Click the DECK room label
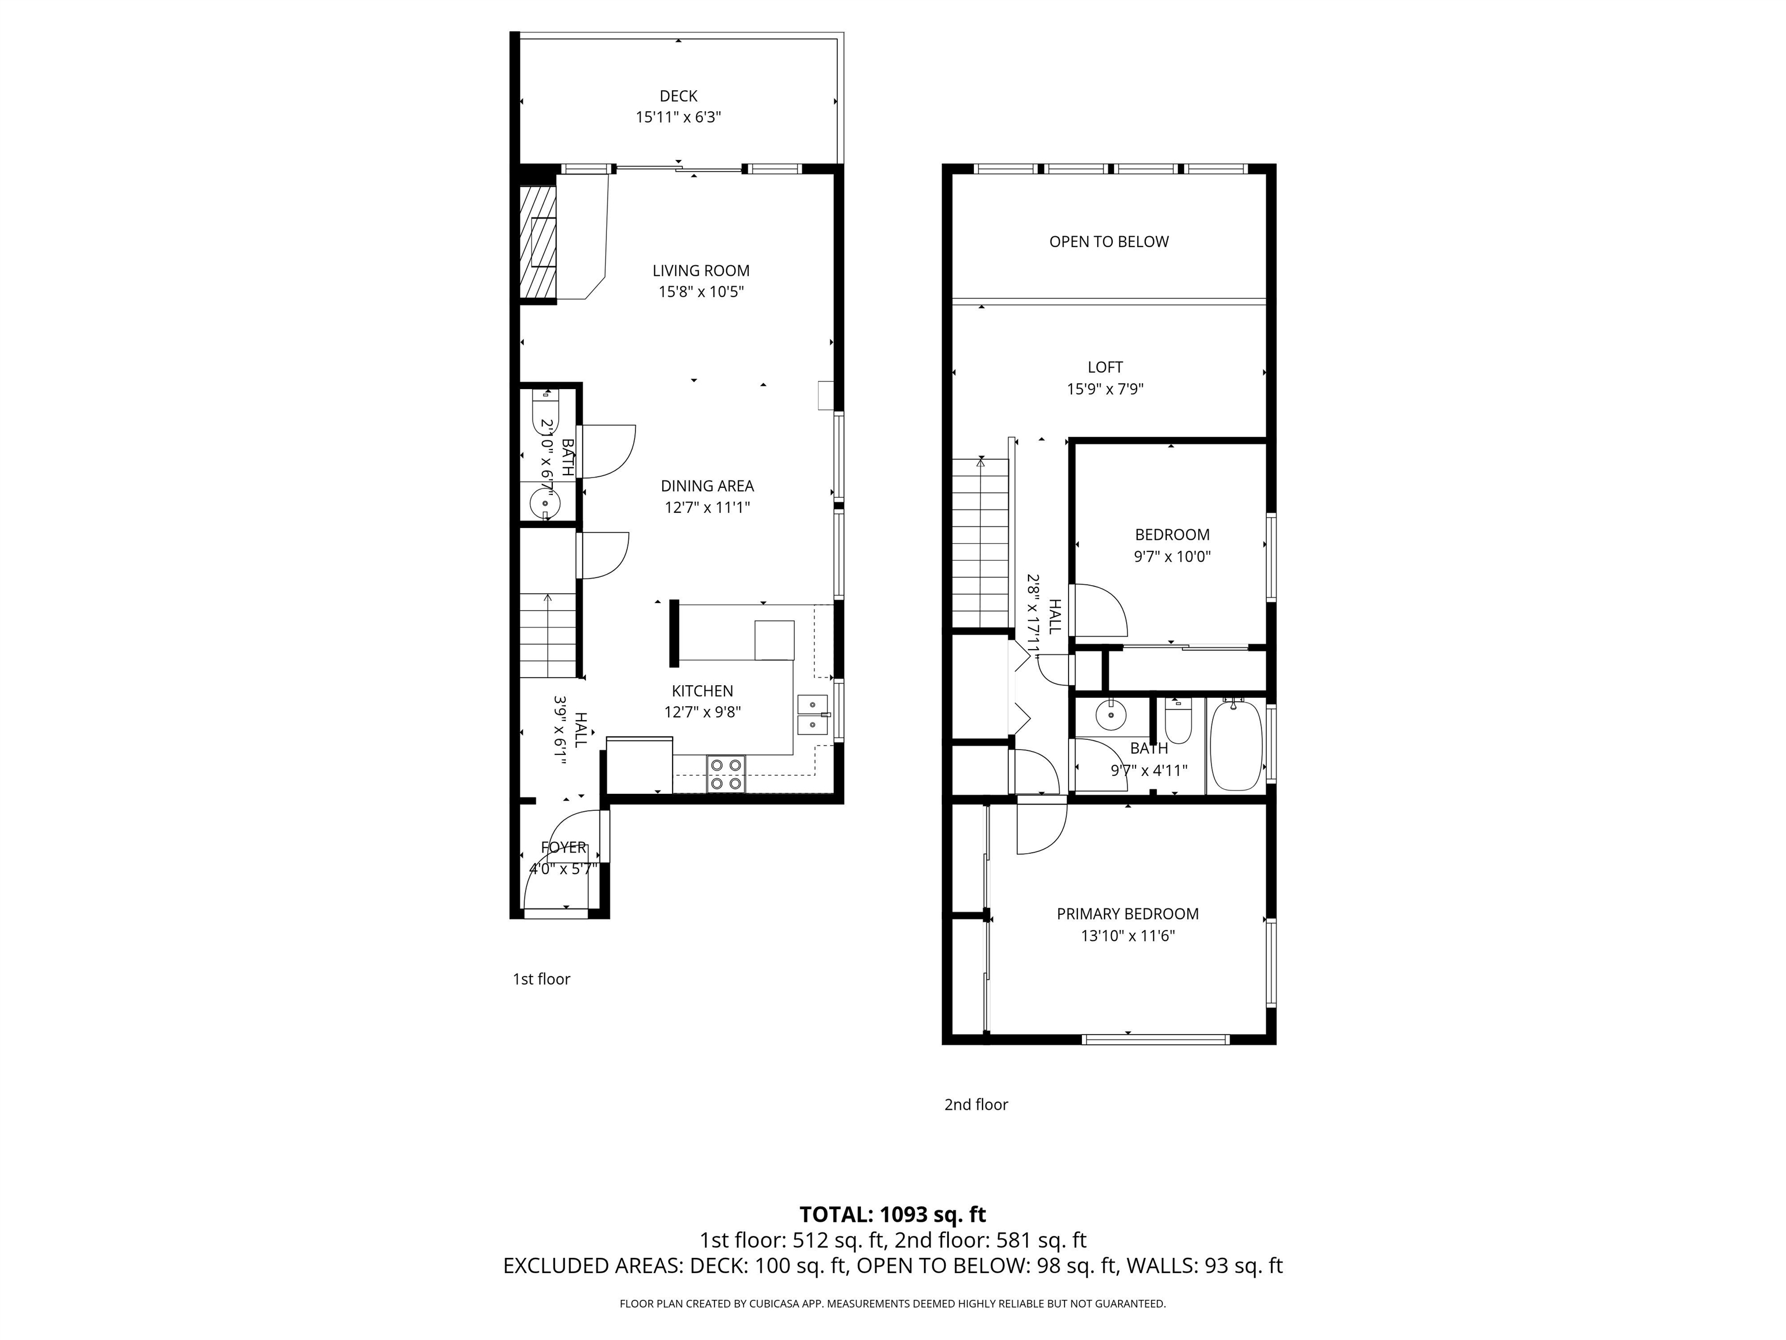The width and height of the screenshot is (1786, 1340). pos(678,96)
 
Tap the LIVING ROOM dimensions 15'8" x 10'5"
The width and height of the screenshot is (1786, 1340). pos(701,291)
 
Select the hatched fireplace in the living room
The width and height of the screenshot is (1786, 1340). pos(538,243)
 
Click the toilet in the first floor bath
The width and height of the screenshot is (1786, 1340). pos(545,411)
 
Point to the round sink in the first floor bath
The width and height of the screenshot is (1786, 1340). pos(545,502)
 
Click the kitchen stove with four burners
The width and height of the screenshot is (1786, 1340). pos(726,773)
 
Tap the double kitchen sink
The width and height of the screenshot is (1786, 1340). pos(812,714)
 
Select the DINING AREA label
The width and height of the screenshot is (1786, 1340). pos(708,486)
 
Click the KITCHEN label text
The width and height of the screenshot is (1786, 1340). pos(702,690)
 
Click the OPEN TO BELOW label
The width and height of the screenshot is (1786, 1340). pos(1109,241)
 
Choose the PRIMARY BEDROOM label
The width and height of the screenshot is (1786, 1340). pos(1127,914)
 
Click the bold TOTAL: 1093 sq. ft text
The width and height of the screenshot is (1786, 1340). pos(892,1214)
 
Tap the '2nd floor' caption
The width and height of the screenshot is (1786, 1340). pos(976,1104)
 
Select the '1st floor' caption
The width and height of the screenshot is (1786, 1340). pos(541,979)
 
